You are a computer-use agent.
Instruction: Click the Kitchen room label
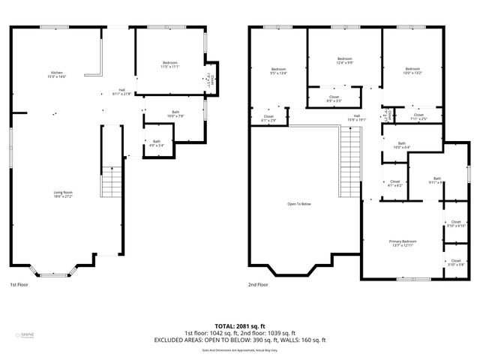[x=58, y=74]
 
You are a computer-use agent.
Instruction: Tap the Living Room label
[x=62, y=194]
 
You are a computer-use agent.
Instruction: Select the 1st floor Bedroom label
[x=169, y=64]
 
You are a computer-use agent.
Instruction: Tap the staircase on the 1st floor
[x=111, y=182]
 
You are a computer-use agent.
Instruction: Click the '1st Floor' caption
[x=19, y=285]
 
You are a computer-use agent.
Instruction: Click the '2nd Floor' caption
[x=258, y=285]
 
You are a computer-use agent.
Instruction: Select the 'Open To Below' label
[x=299, y=204]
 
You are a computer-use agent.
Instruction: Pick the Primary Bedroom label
[x=402, y=242]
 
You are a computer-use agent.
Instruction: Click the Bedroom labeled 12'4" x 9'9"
[x=344, y=61]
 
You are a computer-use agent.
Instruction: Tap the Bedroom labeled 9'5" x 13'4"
[x=278, y=71]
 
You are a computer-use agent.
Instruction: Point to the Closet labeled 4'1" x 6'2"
[x=394, y=183]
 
